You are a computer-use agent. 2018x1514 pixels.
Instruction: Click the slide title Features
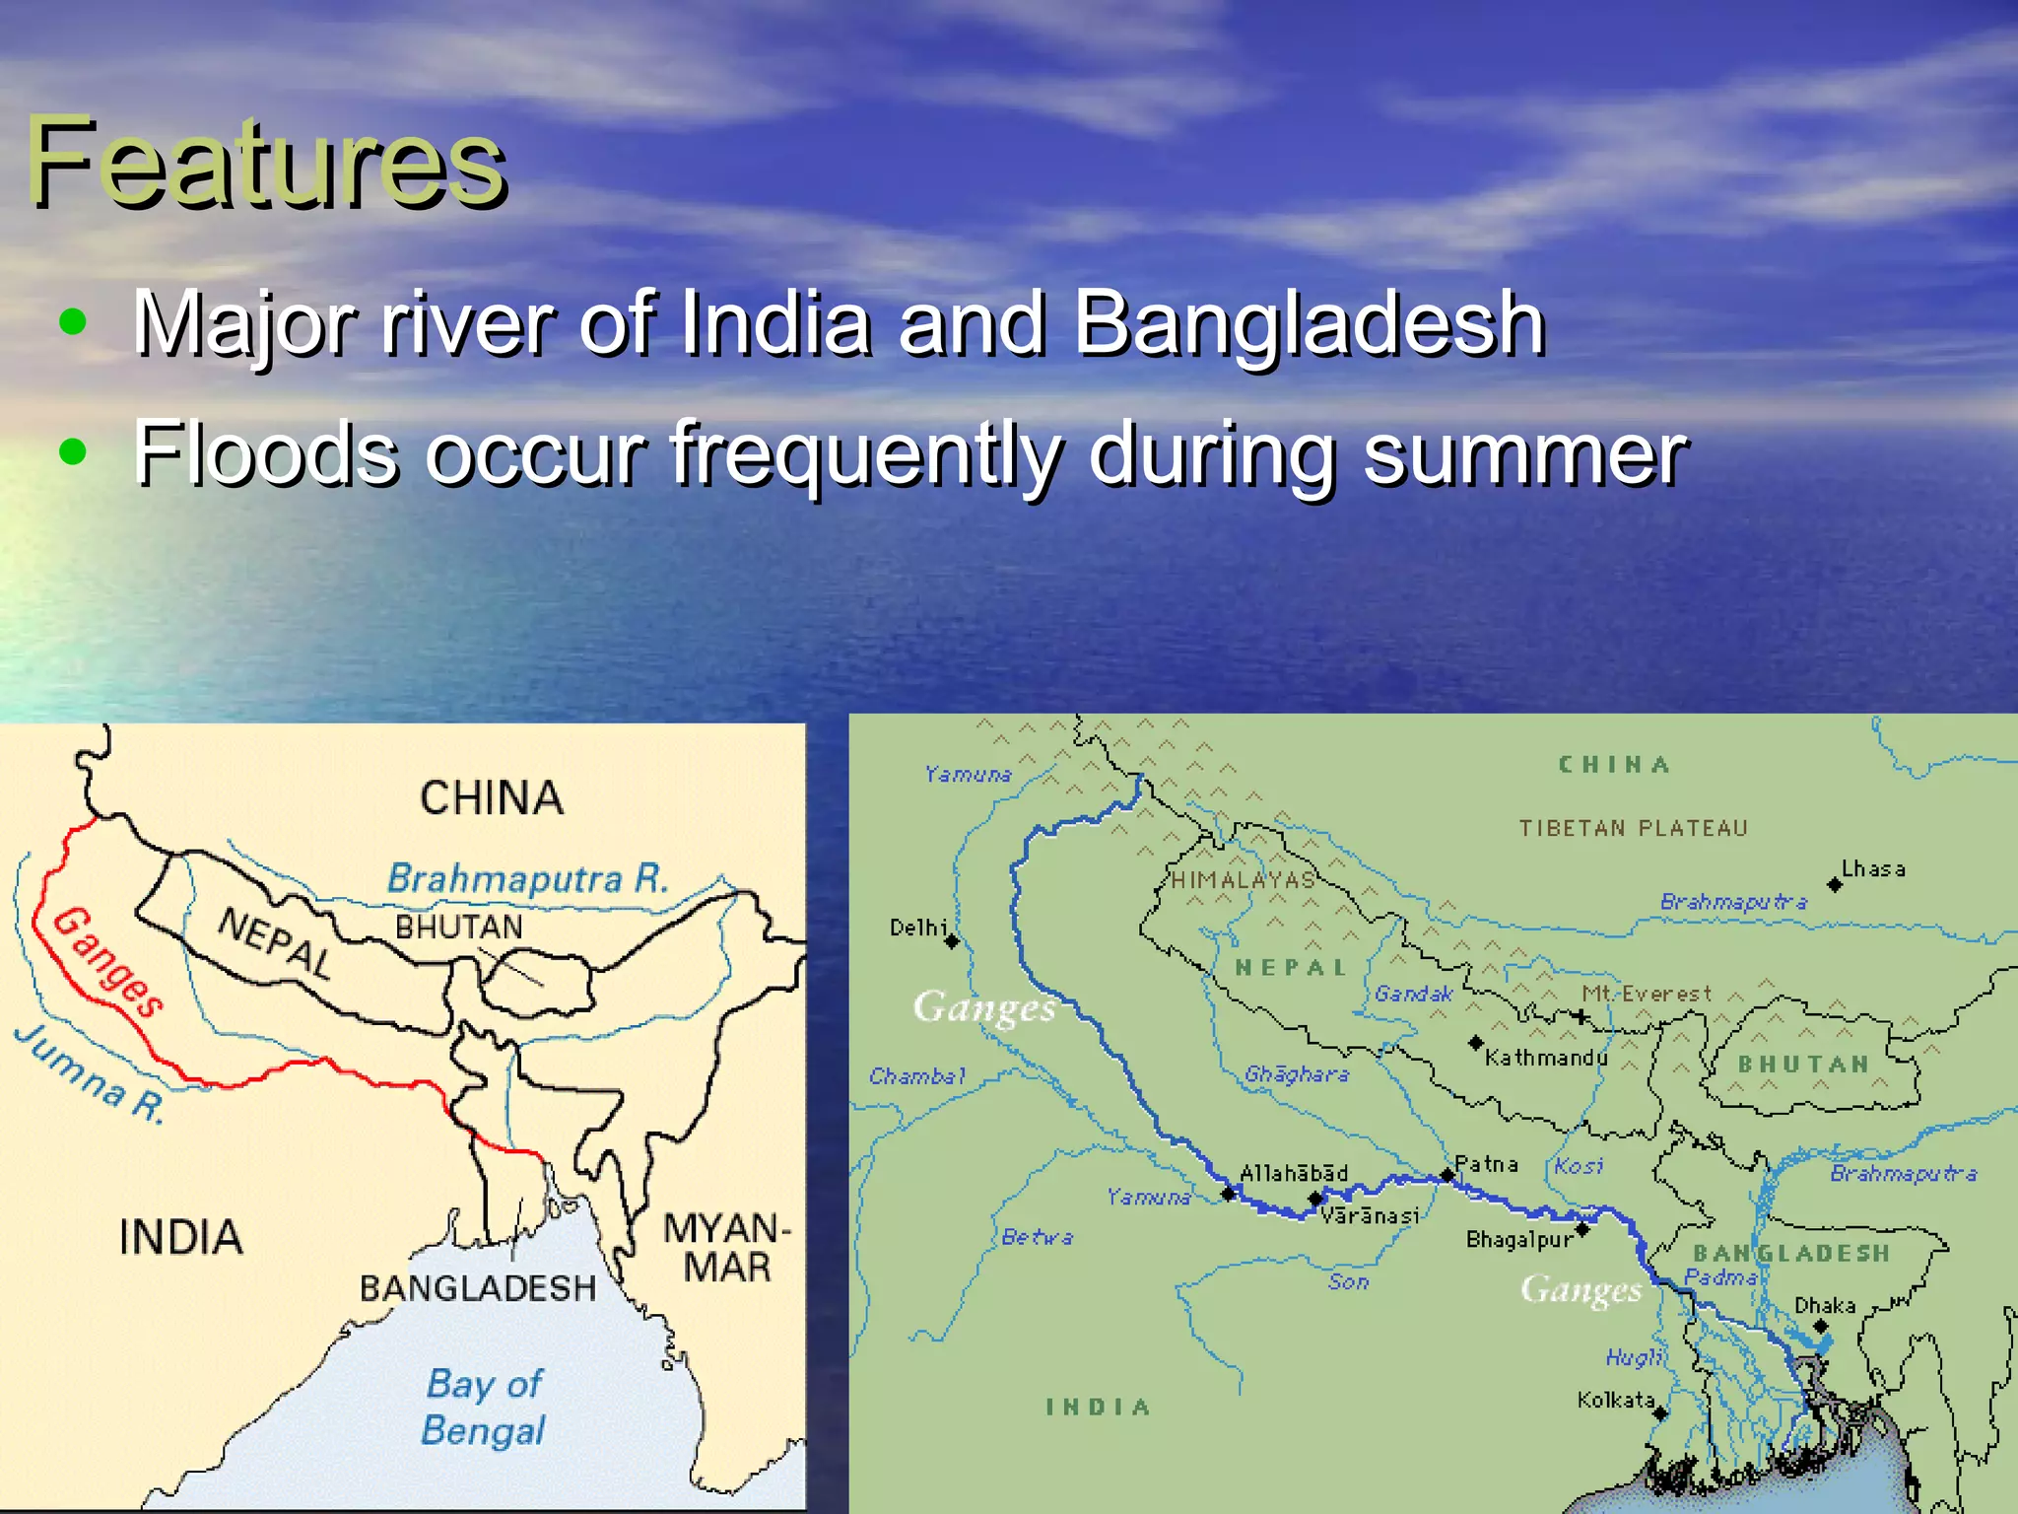pyautogui.click(x=266, y=163)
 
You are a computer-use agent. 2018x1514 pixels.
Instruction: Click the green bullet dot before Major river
pyautogui.click(x=72, y=322)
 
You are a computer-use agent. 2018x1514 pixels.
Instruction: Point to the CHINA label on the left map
pyautogui.click(x=492, y=797)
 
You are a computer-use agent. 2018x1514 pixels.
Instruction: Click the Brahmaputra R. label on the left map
pyautogui.click(x=527, y=878)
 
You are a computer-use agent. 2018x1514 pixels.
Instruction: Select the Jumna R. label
pyautogui.click(x=89, y=1074)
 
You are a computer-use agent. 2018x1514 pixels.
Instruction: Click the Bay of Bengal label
pyautogui.click(x=483, y=1407)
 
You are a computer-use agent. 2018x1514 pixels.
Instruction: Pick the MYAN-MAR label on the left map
pyautogui.click(x=726, y=1248)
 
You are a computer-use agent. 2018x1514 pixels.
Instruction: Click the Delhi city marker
pyautogui.click(x=952, y=941)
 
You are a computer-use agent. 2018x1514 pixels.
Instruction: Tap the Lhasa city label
pyautogui.click(x=1874, y=869)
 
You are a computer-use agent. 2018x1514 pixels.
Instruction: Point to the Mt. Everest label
pyautogui.click(x=1648, y=994)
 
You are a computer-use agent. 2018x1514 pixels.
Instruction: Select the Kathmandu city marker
pyautogui.click(x=1476, y=1042)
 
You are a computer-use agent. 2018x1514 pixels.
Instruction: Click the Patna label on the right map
pyautogui.click(x=1487, y=1164)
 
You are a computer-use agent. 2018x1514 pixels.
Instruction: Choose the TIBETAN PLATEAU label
pyautogui.click(x=1633, y=829)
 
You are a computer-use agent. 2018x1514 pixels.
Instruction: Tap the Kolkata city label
pyautogui.click(x=1616, y=1400)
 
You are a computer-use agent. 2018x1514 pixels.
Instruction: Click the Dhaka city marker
pyautogui.click(x=1821, y=1326)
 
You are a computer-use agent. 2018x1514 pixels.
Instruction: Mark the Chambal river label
pyautogui.click(x=917, y=1076)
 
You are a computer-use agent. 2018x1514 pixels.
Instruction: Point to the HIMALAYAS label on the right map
pyautogui.click(x=1243, y=880)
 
